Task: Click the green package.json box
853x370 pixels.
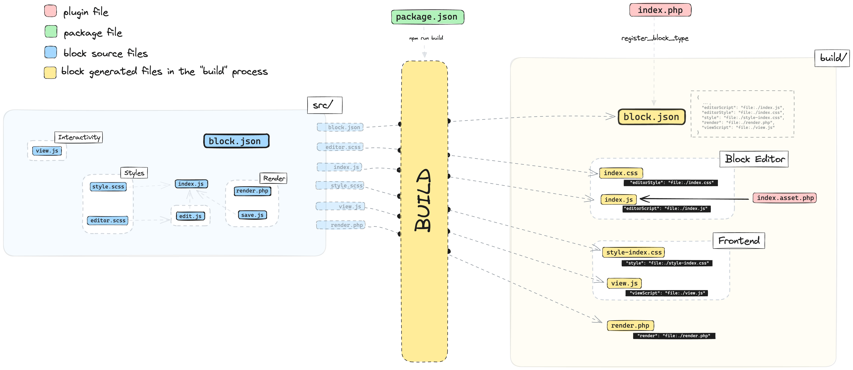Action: click(x=427, y=17)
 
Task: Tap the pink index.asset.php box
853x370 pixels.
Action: click(x=784, y=198)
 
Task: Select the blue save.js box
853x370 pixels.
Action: click(x=252, y=215)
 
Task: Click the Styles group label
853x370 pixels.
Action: click(x=134, y=173)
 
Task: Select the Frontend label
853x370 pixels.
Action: click(x=739, y=241)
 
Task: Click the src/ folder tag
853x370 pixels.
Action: click(x=325, y=105)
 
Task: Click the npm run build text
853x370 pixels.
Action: click(x=426, y=38)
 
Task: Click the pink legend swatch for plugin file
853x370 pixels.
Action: click(x=50, y=11)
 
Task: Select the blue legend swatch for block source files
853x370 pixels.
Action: click(x=51, y=52)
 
